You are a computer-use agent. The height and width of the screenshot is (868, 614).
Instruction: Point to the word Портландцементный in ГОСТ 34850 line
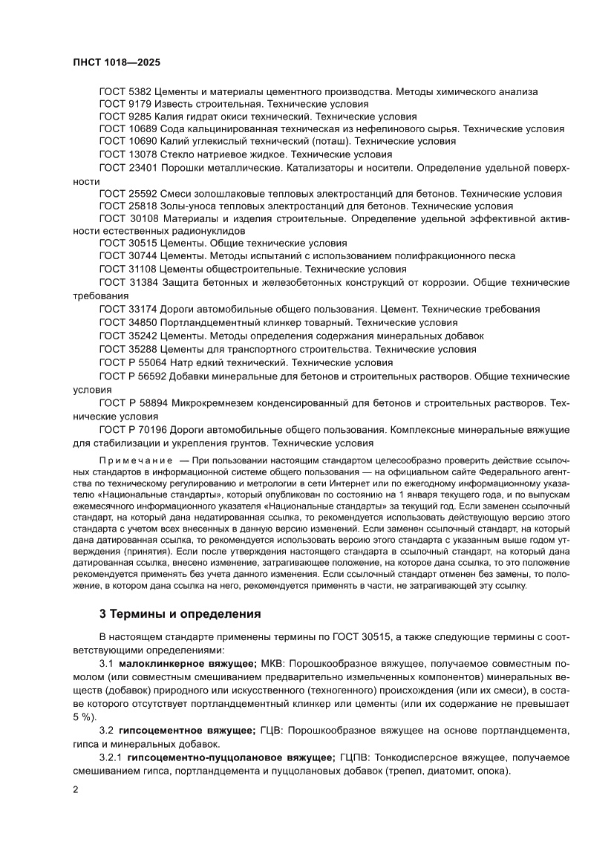tap(212, 323)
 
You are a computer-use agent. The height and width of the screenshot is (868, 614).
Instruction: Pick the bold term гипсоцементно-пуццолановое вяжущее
tap(231, 757)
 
